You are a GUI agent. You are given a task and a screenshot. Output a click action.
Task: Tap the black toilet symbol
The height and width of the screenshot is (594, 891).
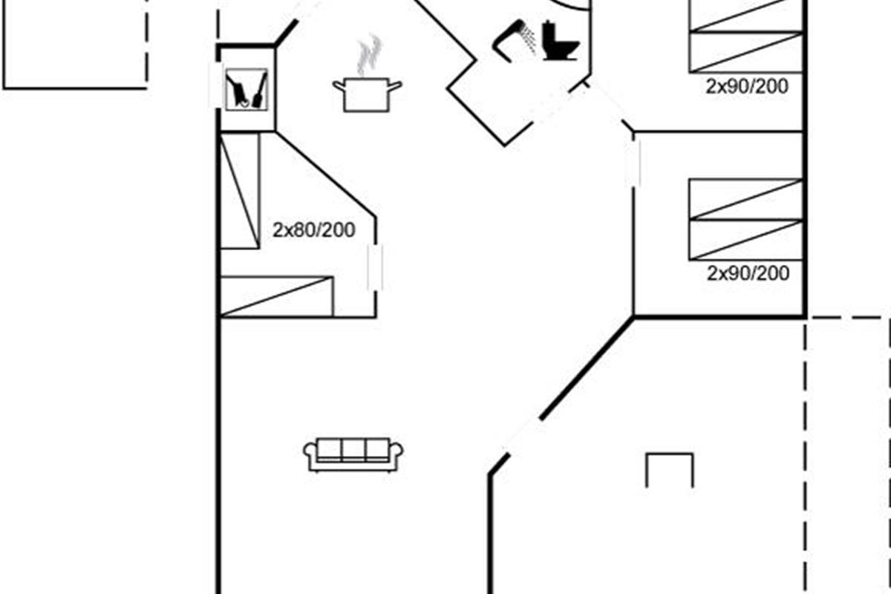pos(561,40)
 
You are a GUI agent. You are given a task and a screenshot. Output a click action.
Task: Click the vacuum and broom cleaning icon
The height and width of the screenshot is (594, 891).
pos(247,90)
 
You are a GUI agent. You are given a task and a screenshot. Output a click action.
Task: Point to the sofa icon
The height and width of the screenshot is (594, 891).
pos(353,454)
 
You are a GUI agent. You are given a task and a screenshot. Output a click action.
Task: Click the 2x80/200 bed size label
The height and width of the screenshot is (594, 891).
pos(314,230)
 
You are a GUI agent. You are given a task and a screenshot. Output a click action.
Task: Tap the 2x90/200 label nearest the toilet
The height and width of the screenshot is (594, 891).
pos(747,86)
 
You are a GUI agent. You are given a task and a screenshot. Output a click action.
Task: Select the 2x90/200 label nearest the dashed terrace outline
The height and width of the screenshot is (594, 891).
pos(748,273)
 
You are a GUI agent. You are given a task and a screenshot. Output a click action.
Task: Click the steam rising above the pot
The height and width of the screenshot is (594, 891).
pos(369,55)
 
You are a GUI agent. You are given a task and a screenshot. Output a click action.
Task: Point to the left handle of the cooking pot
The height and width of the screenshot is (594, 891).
pos(339,85)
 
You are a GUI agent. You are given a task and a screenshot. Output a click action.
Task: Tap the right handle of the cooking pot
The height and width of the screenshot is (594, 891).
pos(395,86)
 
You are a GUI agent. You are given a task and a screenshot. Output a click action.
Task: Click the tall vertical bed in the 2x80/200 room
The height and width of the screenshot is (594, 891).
pos(240,191)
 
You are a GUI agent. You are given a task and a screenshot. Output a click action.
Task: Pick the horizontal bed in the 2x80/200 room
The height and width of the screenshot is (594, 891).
pos(277,297)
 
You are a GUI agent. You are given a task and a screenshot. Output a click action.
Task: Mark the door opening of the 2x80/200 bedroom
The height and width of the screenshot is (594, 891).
pos(375,267)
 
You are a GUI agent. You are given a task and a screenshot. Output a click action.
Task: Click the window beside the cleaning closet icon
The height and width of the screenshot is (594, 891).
pos(215,85)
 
